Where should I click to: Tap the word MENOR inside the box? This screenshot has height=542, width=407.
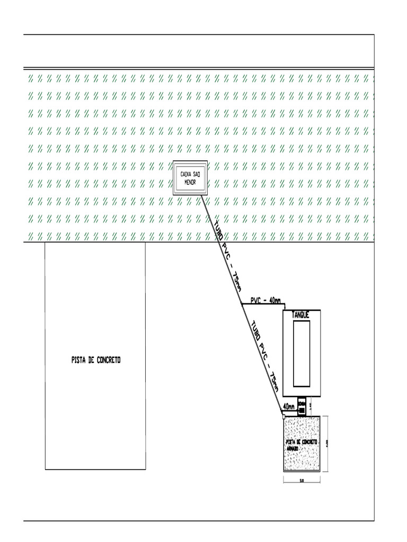click(x=190, y=182)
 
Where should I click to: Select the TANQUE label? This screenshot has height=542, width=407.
click(x=300, y=315)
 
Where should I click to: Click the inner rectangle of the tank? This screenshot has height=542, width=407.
click(x=301, y=353)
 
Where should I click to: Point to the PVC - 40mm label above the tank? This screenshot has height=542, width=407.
click(x=266, y=301)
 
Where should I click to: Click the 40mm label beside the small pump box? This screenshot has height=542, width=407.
click(x=289, y=406)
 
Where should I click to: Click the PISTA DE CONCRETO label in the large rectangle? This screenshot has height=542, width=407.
click(x=96, y=360)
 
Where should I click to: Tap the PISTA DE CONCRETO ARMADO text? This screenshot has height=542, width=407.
click(x=300, y=444)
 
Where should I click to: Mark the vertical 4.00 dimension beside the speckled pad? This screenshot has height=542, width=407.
click(x=327, y=443)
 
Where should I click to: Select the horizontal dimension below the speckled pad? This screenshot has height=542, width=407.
click(x=302, y=481)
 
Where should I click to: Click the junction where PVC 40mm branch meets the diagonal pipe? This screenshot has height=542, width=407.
click(x=242, y=305)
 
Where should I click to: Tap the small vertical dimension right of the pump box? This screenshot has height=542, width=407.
click(x=311, y=406)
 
